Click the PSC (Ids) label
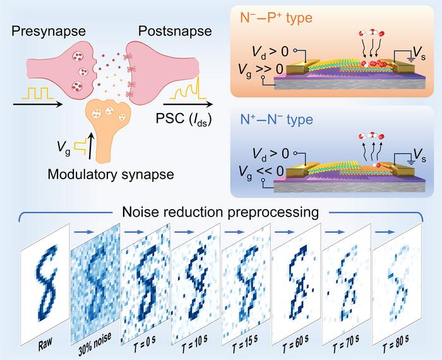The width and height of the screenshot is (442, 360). pos(186,116)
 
